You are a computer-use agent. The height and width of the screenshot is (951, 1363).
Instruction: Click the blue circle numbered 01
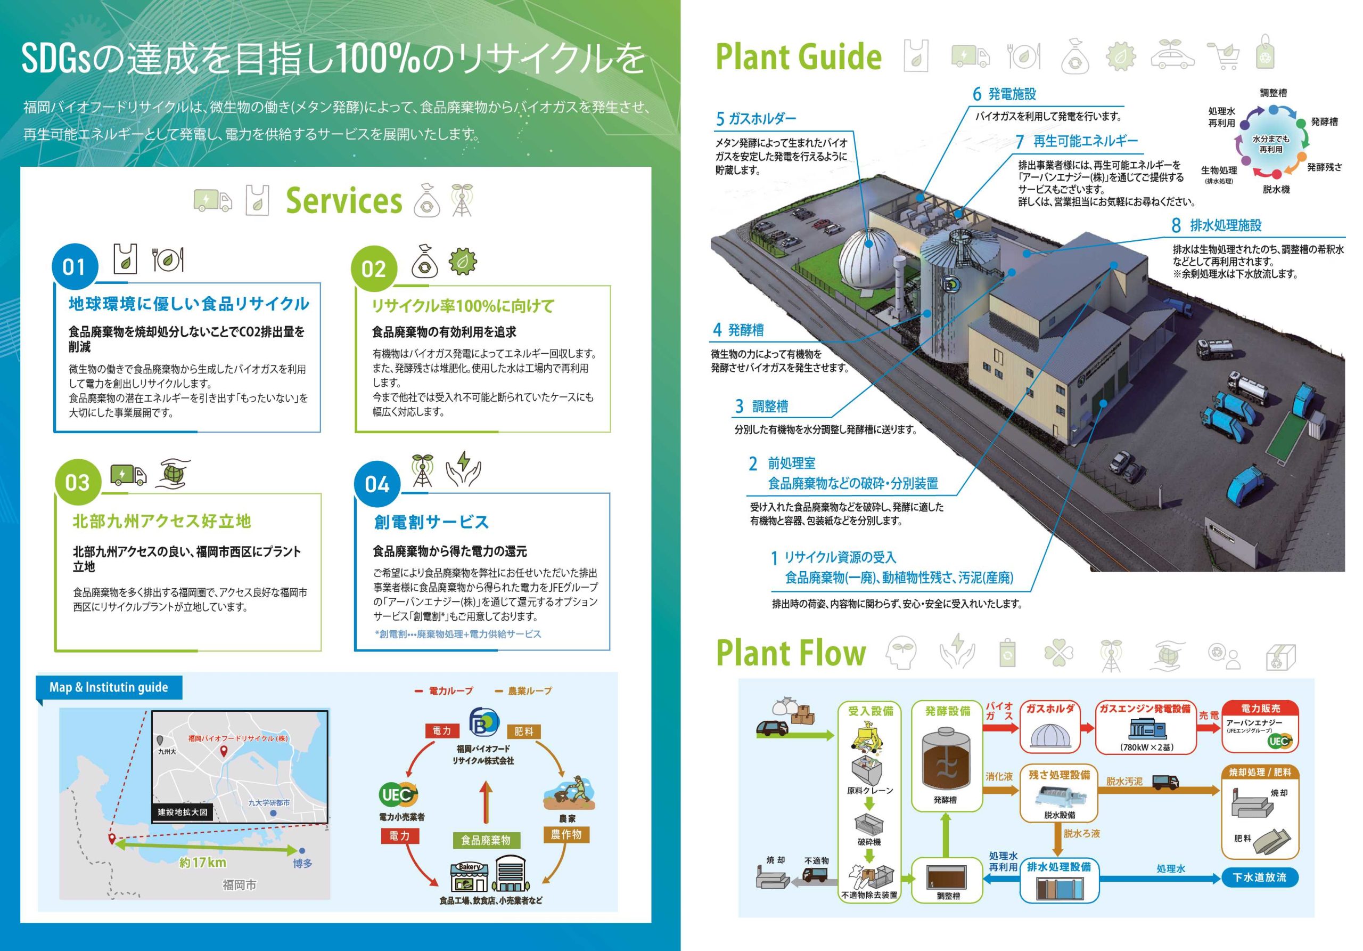(x=75, y=267)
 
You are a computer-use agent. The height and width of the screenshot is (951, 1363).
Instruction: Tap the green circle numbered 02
(x=373, y=269)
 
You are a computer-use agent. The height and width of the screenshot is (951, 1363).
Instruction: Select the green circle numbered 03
(x=78, y=482)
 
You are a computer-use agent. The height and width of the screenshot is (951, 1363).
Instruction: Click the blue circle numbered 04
(x=377, y=484)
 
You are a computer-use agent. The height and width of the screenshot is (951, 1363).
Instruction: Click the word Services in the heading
(x=344, y=201)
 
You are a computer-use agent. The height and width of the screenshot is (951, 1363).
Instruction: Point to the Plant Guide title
(x=799, y=57)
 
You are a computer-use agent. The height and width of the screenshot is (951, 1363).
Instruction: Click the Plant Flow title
(x=791, y=653)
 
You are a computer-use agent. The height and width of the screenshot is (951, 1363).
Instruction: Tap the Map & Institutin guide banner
(x=109, y=687)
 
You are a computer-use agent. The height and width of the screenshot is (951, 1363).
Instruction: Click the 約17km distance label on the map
(x=202, y=863)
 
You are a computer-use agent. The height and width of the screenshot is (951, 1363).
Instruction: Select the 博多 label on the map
(x=302, y=863)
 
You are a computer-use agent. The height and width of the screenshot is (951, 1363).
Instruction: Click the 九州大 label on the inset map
(x=167, y=751)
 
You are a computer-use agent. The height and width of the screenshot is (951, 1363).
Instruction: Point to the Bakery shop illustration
(x=469, y=875)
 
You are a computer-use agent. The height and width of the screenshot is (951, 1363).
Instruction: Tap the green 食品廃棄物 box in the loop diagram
(x=486, y=840)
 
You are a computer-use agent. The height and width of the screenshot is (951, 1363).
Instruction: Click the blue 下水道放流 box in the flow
(x=1259, y=877)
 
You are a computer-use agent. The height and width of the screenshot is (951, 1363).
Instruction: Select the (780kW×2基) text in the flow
(x=1146, y=746)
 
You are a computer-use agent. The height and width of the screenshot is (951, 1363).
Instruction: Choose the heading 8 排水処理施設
(x=1217, y=225)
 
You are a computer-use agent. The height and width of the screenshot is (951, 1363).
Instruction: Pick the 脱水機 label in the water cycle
(x=1276, y=190)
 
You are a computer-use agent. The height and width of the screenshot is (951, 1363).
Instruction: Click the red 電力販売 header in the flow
(x=1260, y=708)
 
